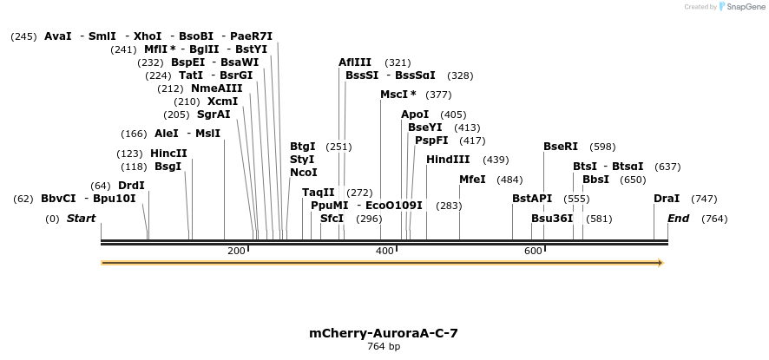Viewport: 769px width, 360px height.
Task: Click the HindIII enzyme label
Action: [x=448, y=160]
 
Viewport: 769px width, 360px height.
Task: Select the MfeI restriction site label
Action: [x=472, y=180]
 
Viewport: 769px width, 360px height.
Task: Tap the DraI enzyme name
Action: [x=667, y=199]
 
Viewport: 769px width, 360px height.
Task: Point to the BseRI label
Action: [x=560, y=147]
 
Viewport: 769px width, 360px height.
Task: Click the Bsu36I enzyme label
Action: [x=552, y=219]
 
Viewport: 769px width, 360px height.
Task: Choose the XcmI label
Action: [x=222, y=101]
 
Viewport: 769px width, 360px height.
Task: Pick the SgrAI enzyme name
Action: [x=214, y=115]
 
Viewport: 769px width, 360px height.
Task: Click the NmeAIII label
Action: [x=217, y=88]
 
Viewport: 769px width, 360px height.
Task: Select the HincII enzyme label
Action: [x=168, y=154]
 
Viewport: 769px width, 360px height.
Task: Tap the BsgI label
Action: [x=168, y=167]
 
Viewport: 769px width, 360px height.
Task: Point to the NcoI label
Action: [x=303, y=173]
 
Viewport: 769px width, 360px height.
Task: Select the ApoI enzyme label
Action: [x=415, y=115]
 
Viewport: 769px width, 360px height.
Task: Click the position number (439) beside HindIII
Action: [x=496, y=160]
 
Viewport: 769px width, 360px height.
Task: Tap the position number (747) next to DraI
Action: [x=703, y=199]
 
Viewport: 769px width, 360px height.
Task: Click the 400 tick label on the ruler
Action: [x=384, y=251]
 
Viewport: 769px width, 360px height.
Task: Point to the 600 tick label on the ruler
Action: [x=533, y=251]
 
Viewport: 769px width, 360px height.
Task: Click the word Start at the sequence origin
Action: [x=81, y=219]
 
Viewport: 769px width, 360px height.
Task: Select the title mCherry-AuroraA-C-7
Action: [x=383, y=333]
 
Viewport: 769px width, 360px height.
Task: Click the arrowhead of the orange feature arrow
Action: [x=661, y=262]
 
